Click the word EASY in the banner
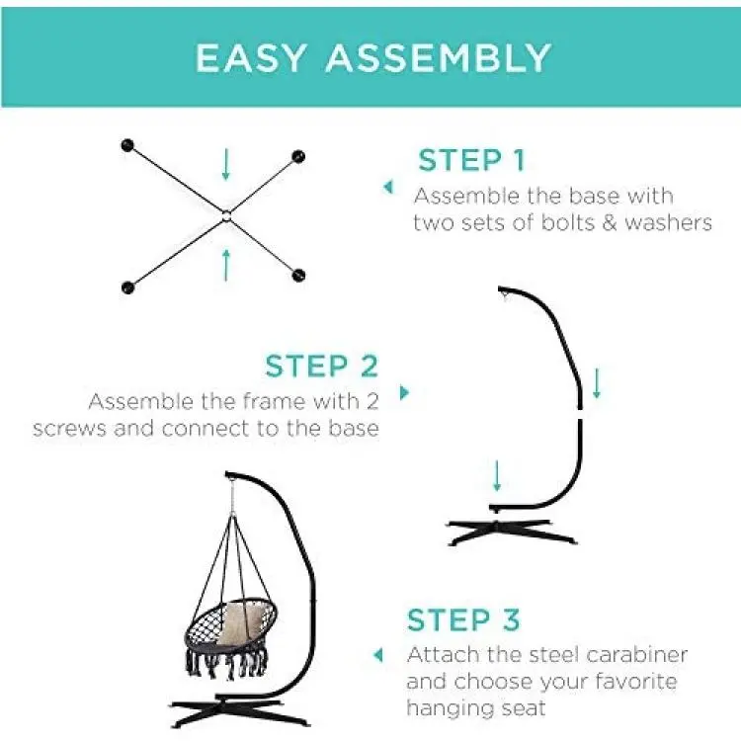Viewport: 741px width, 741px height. click(251, 57)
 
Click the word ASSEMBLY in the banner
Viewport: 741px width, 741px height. click(439, 57)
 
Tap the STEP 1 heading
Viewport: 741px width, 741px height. click(471, 160)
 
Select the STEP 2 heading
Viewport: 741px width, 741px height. click(321, 366)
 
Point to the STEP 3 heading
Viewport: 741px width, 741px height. click(463, 619)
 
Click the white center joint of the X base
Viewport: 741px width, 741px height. click(226, 216)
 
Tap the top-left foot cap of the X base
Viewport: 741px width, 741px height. click(127, 145)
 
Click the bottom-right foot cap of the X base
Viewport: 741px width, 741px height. click(298, 275)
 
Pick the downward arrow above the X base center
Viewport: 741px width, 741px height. click(226, 164)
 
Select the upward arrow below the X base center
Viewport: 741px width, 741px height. click(226, 265)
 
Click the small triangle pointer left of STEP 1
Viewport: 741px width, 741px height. click(388, 187)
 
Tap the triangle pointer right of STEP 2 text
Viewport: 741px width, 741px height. click(404, 392)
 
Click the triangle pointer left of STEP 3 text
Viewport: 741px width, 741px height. click(378, 655)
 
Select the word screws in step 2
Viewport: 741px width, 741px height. click(69, 429)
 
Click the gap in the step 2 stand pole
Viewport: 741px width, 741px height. click(580, 414)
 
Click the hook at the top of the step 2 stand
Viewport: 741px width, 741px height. click(505, 297)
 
